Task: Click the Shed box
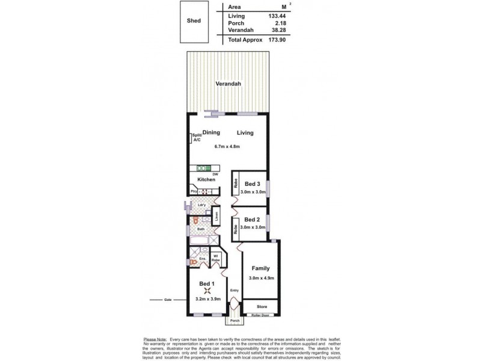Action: (x=194, y=20)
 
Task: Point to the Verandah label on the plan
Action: (x=229, y=84)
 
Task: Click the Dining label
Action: (x=211, y=133)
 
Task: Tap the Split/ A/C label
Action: (x=195, y=138)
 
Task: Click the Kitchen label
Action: (x=206, y=179)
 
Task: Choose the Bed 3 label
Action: (x=252, y=184)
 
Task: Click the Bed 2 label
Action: (x=252, y=220)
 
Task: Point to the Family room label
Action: (x=260, y=268)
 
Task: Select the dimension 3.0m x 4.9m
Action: (x=260, y=278)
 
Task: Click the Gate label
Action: (x=168, y=299)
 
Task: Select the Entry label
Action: (x=234, y=292)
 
